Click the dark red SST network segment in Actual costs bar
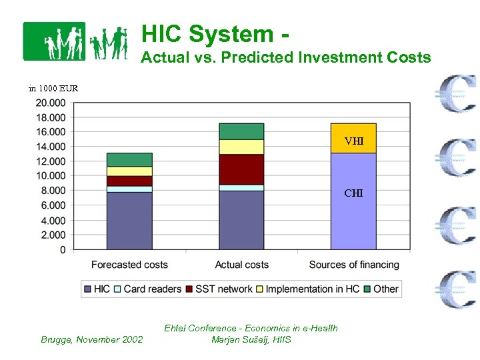[241, 169]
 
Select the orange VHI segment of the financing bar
[353, 139]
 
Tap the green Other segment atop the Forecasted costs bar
[129, 159]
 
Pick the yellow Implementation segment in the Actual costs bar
[241, 147]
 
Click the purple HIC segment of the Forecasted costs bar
[129, 221]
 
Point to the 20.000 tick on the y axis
[51, 103]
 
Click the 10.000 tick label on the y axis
[51, 176]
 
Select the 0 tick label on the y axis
[63, 250]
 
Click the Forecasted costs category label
[129, 265]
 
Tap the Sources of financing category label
[354, 265]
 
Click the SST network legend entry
[219, 289]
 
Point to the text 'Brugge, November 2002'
[92, 339]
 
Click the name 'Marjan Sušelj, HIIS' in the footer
[251, 339]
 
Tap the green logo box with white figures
[55, 41]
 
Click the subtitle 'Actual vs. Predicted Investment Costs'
[286, 57]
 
